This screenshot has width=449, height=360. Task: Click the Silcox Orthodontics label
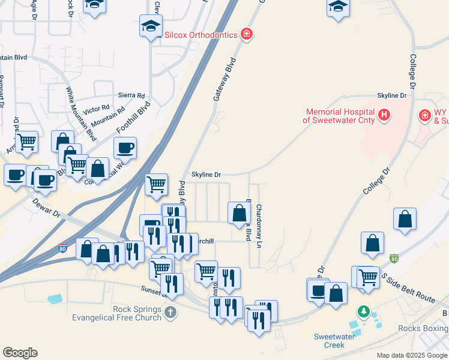coord(201,35)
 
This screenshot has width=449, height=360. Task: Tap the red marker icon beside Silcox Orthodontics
coord(246,34)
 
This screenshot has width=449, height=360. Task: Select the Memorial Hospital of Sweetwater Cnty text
coord(339,116)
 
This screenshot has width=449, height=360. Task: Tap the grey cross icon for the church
coord(170,312)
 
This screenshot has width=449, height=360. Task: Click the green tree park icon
coord(363,312)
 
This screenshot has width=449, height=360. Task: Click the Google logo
coord(20,353)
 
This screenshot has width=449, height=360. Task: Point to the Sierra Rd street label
coord(131,95)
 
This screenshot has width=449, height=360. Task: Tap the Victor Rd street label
coord(96,109)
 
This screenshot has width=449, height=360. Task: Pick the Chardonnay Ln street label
coord(259,227)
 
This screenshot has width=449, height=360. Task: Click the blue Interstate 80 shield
coord(62,247)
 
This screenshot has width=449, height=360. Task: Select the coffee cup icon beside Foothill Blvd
coord(125,148)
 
